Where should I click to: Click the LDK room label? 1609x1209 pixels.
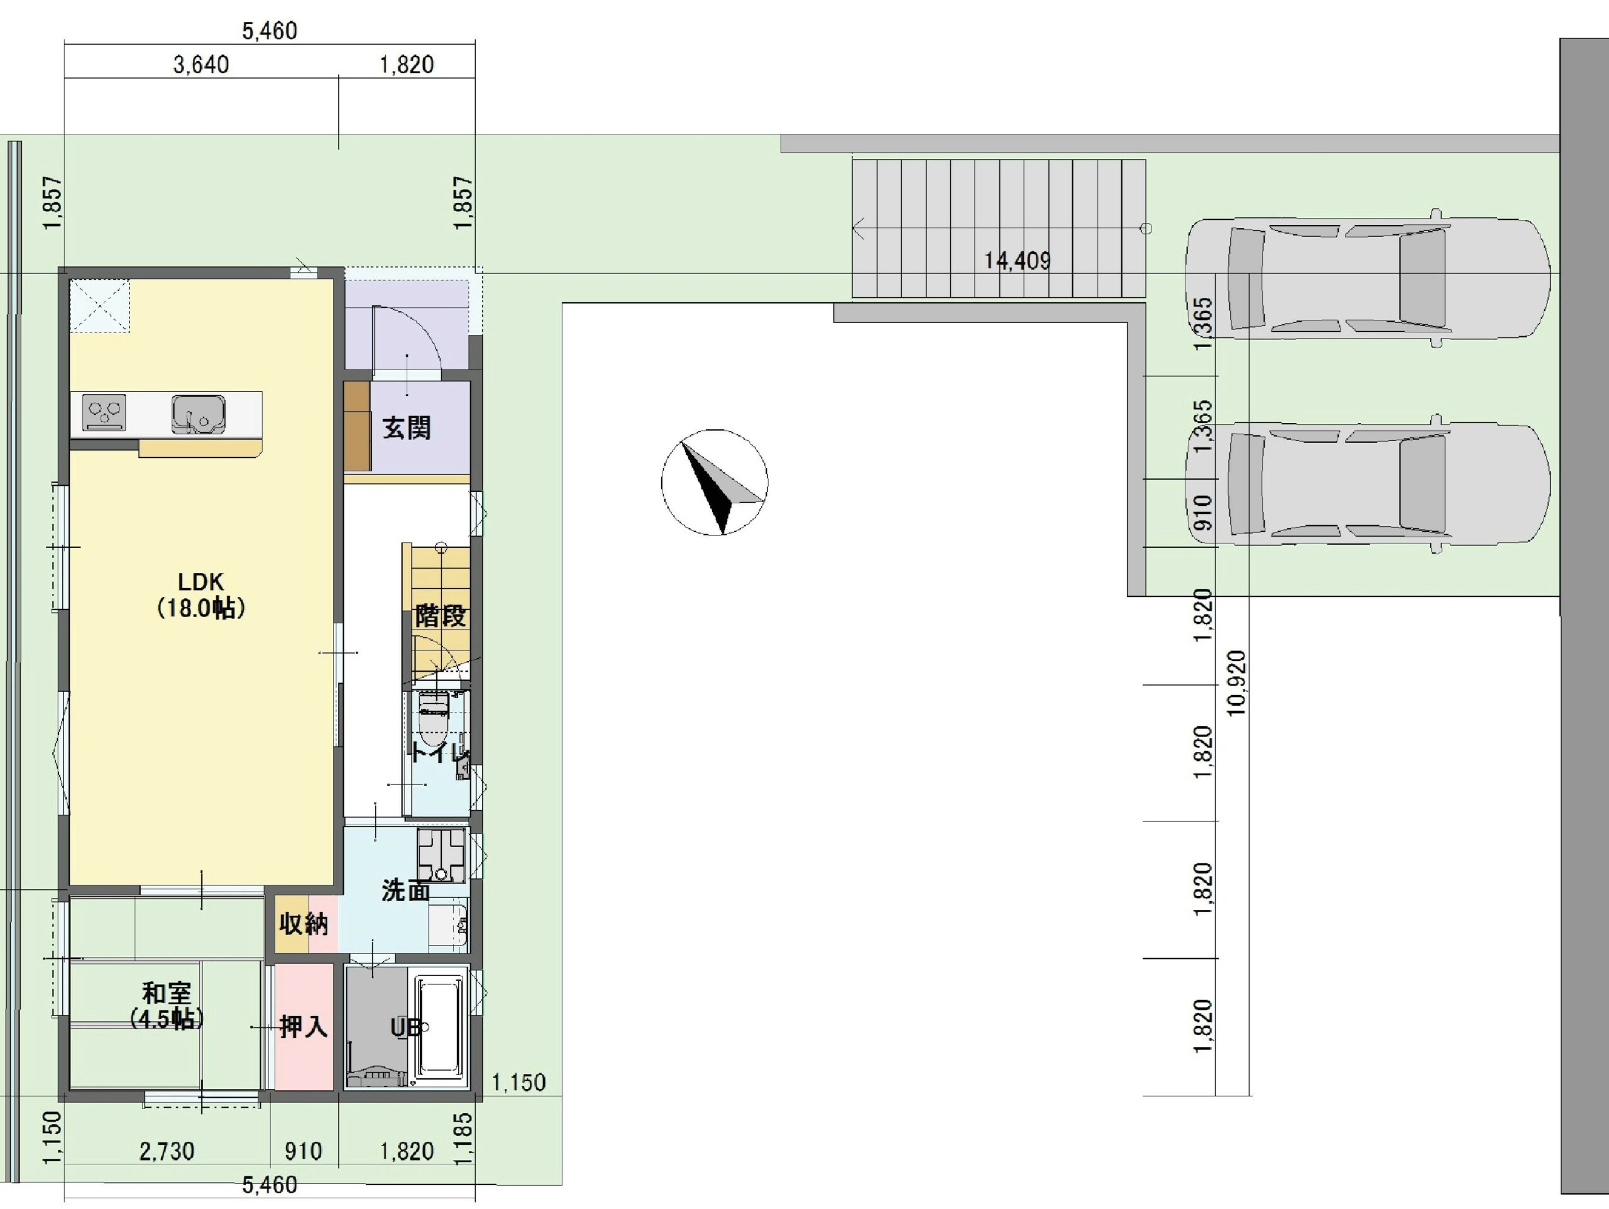click(200, 594)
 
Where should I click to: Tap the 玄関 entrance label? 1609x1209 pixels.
click(407, 428)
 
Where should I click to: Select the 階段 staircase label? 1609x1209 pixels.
click(440, 616)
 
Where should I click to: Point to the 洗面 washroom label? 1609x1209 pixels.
click(406, 890)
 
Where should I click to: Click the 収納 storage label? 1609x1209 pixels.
click(304, 924)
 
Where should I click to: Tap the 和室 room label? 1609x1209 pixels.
click(167, 1006)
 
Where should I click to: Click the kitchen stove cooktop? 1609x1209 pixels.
click(104, 412)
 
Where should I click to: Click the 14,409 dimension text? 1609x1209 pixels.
click(1017, 260)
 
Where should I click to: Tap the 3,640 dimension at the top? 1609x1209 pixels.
click(200, 64)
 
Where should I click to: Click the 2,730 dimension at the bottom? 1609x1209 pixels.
click(167, 1151)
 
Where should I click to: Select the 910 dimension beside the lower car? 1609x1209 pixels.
click(1204, 512)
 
